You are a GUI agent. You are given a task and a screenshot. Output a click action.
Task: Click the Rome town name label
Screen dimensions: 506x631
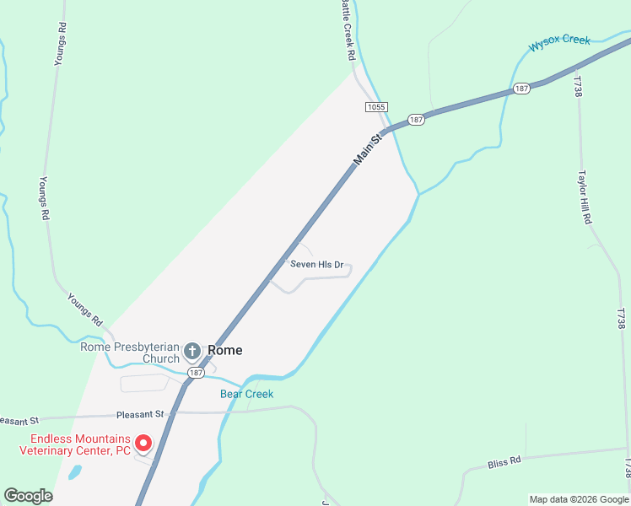[224, 350]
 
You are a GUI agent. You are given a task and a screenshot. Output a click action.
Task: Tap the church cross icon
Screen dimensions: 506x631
[192, 350]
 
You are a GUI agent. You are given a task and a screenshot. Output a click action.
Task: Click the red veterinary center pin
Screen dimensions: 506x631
[143, 442]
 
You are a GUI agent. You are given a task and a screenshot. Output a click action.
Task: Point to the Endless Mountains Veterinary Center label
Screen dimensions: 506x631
[75, 444]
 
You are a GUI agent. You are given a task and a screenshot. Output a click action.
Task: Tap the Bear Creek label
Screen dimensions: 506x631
[246, 394]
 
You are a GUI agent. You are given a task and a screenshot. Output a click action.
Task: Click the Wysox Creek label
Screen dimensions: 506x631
[558, 42]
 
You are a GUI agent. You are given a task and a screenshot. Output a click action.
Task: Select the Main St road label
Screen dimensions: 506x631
[368, 147]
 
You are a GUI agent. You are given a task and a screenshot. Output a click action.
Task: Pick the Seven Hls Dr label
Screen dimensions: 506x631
[316, 264]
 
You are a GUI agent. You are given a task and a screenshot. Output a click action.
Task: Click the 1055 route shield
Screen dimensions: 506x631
[376, 106]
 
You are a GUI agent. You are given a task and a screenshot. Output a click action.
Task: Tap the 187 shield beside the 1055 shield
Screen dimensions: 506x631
[416, 120]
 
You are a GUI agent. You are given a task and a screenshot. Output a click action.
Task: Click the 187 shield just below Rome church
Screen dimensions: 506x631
[196, 372]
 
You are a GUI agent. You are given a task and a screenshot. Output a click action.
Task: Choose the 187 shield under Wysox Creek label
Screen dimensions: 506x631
[521, 89]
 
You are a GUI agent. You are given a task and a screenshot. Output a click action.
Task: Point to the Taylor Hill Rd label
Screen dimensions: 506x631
[584, 198]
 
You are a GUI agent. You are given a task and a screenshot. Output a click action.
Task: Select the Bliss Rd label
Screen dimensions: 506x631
[504, 464]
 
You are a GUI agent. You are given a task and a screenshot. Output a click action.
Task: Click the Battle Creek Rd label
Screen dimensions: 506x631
[348, 30]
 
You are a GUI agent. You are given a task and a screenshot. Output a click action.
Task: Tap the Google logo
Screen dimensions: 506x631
[28, 496]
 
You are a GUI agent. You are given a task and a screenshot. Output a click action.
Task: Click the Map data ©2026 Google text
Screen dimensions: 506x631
[579, 499]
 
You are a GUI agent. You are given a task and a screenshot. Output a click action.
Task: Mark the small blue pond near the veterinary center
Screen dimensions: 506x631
[74, 472]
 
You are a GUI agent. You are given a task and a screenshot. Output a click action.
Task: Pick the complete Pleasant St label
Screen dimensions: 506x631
[141, 414]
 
